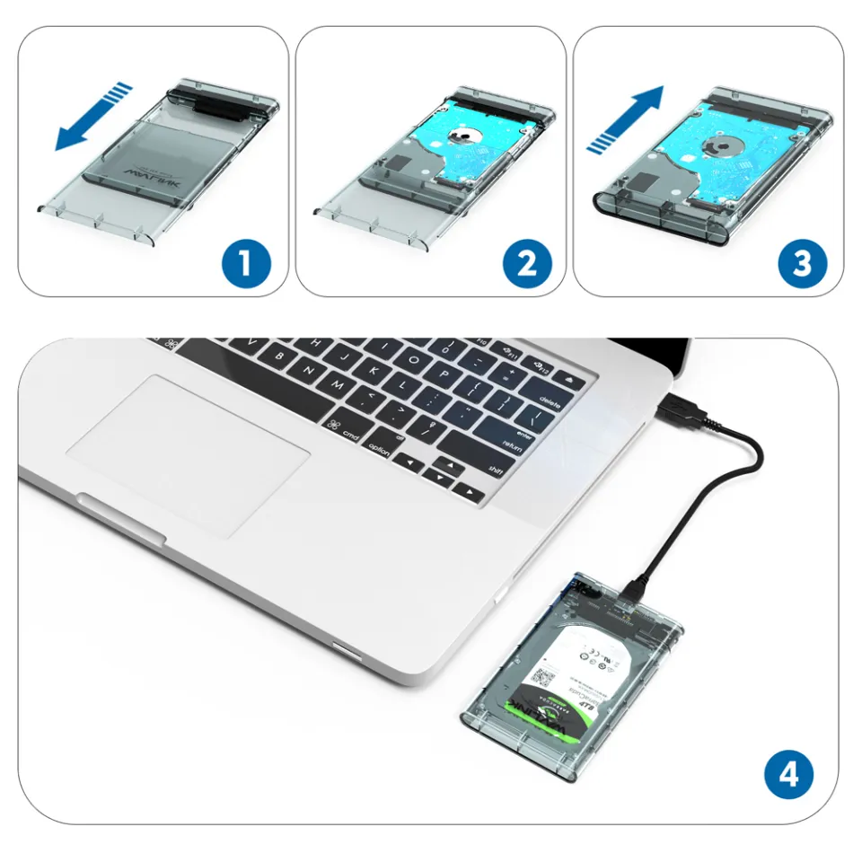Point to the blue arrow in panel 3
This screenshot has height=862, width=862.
(x=626, y=119)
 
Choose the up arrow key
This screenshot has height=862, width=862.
(x=445, y=463)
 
